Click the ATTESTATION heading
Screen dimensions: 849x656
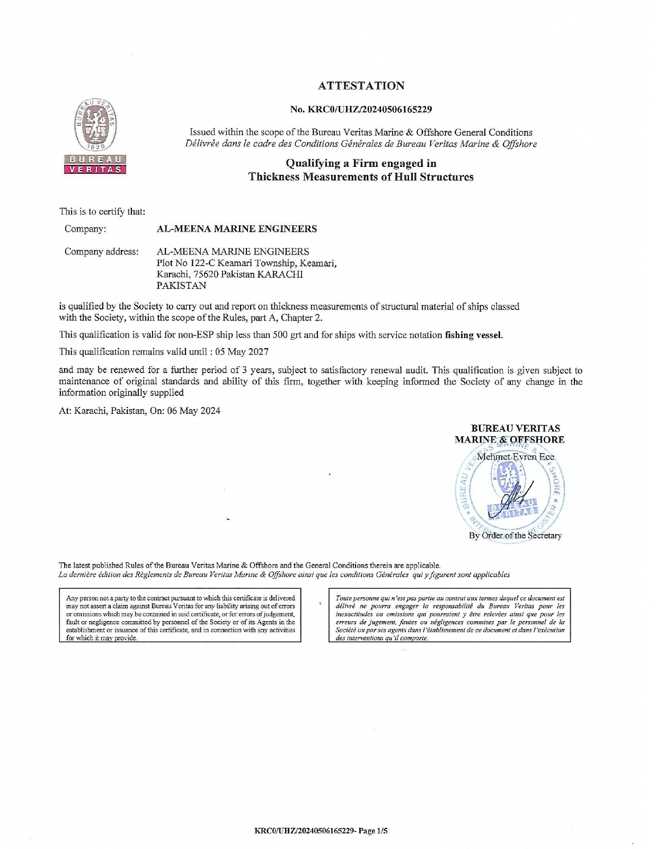[x=361, y=86]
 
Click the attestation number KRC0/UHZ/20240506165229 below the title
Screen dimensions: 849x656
[x=361, y=110]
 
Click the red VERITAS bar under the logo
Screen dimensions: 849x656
[x=95, y=170]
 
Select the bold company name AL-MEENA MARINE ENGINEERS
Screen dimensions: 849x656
[x=237, y=229]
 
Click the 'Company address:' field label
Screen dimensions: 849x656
[x=102, y=251]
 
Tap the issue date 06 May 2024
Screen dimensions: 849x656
[x=194, y=411]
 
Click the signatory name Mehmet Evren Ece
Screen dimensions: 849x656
[x=516, y=456]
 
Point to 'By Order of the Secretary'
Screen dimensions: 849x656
[x=515, y=535]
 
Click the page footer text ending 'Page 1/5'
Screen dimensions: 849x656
[x=322, y=831]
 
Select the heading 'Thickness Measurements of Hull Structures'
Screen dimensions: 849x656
[x=361, y=177]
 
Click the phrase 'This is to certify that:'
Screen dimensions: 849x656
[x=102, y=211]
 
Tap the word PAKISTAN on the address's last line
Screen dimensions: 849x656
[x=182, y=285]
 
